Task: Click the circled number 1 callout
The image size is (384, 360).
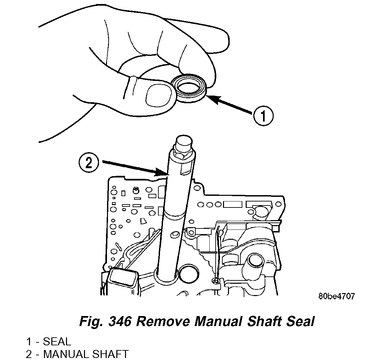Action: pos(263,116)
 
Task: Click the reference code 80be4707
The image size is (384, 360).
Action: pos(336,296)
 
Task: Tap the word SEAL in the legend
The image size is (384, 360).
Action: pos(57,341)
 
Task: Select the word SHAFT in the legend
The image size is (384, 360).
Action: pos(110,354)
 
